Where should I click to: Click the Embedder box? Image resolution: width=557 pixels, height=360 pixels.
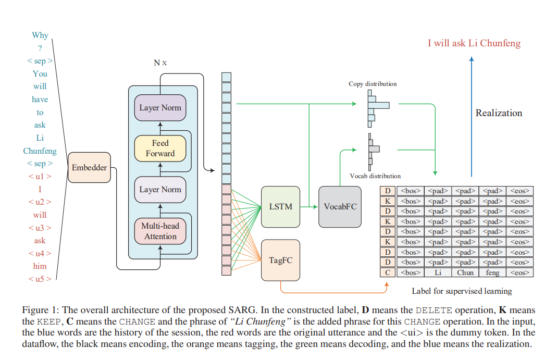(89, 167)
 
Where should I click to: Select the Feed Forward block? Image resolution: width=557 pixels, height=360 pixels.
(160, 148)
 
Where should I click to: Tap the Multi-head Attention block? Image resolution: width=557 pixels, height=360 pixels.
(160, 231)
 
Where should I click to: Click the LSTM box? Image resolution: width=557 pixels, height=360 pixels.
(281, 206)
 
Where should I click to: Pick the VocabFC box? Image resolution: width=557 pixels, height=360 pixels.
(340, 206)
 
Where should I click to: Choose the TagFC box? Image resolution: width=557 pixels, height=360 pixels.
(280, 259)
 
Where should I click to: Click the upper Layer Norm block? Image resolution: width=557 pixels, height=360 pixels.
(160, 108)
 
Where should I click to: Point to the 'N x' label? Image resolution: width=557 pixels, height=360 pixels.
(160, 63)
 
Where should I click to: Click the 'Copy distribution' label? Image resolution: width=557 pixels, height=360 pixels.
(373, 84)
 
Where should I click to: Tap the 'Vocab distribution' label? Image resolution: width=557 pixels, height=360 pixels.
(375, 176)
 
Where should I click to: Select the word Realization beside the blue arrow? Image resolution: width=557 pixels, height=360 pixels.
(499, 113)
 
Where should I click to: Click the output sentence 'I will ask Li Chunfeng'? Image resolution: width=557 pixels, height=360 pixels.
(474, 43)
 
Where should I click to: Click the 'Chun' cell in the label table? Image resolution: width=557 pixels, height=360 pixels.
(465, 272)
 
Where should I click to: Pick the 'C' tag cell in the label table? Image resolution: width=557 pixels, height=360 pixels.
(387, 272)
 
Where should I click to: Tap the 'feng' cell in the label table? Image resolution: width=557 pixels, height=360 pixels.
(492, 272)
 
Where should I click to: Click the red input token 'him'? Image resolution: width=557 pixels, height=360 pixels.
(40, 266)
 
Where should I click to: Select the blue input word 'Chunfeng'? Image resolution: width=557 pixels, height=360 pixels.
(40, 151)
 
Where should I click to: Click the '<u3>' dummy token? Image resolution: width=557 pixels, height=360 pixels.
(40, 228)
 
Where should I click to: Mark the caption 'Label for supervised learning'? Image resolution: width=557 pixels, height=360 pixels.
(462, 291)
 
